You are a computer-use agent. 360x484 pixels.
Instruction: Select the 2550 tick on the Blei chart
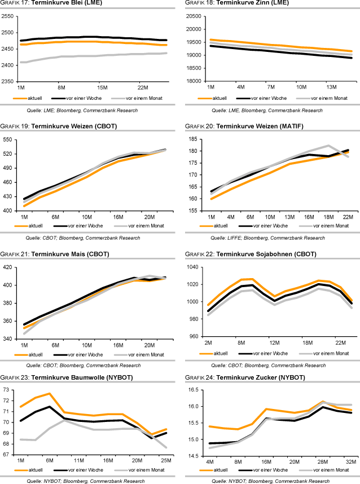(x=7, y=16)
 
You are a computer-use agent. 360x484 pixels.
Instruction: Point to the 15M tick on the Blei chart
(x=102, y=87)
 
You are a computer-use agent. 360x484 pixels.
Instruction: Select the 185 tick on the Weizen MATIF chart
(x=192, y=139)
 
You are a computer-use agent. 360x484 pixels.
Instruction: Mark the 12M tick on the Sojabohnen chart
(x=274, y=343)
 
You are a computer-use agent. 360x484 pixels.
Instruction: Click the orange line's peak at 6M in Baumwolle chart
(x=50, y=393)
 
